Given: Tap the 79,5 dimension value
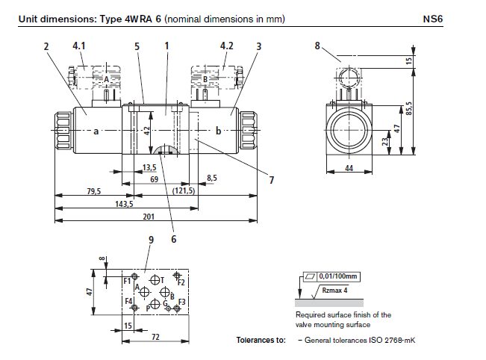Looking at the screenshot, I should point(94,191).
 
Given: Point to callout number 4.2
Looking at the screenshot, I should point(227,46).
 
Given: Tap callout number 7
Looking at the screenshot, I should point(272,180).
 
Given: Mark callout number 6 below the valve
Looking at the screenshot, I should point(173,239).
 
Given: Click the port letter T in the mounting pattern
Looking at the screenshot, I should point(161,279).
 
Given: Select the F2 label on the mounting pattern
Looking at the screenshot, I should point(181,283).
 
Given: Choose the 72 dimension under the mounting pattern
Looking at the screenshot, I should point(155,337).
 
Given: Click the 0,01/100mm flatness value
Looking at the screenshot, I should point(337,277).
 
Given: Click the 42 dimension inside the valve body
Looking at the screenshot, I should point(148,128).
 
